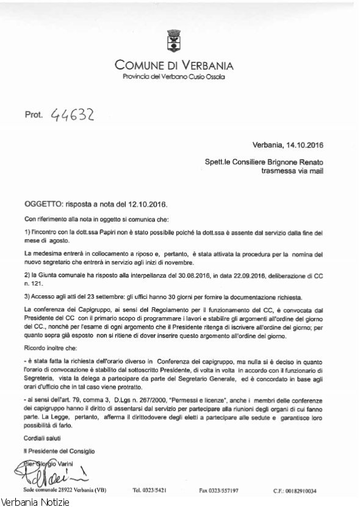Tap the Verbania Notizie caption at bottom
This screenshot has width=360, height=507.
coord(36,502)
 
